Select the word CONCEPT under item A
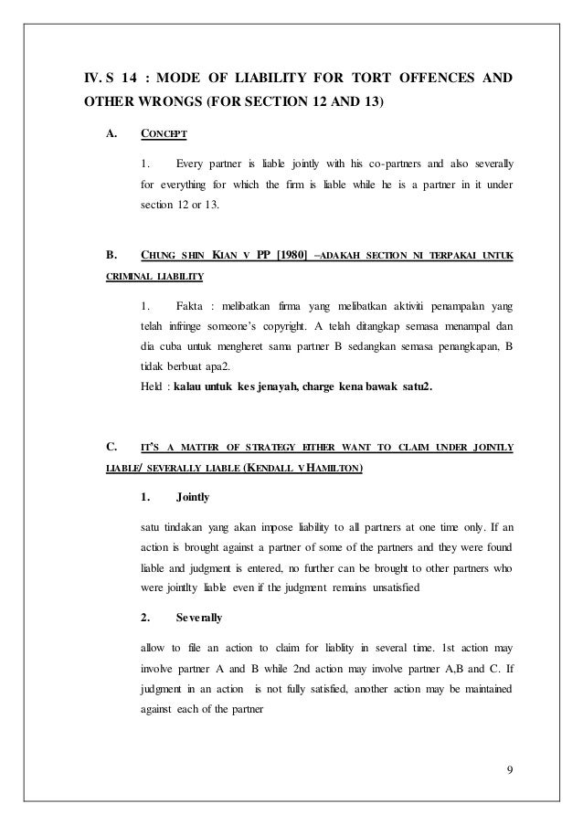tap(164, 135)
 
